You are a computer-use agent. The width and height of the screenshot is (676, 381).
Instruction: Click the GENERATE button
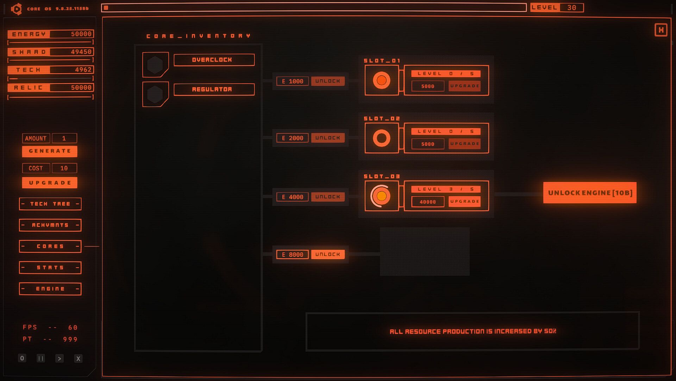point(50,151)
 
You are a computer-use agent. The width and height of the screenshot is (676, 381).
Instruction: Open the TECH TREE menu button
point(50,204)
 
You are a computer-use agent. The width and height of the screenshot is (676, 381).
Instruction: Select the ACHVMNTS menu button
point(50,225)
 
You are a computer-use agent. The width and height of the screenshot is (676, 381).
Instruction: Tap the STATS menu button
point(50,268)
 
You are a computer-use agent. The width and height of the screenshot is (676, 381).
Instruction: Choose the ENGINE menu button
point(50,289)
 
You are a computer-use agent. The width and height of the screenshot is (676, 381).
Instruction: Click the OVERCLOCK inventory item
point(214,60)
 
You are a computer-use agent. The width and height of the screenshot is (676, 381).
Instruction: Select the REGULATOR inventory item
point(214,90)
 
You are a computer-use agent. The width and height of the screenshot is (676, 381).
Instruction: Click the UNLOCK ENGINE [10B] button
point(590,193)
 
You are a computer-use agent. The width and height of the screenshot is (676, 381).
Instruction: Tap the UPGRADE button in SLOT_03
point(464,201)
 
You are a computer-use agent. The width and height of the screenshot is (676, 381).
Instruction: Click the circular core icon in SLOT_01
point(382,80)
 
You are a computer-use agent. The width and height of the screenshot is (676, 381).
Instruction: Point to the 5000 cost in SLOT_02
point(428,144)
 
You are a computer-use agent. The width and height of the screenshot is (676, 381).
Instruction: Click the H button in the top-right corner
point(661,30)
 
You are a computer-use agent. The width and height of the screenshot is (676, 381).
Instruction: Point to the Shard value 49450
point(81,52)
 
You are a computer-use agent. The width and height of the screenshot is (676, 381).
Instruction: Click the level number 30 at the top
point(571,8)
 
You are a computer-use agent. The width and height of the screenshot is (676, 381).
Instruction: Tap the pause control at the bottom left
point(41,358)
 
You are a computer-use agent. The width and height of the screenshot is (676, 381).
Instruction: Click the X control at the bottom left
point(78,358)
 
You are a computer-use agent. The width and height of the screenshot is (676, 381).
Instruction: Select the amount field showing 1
point(64,138)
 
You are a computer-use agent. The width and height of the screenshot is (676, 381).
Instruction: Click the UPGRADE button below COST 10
point(50,183)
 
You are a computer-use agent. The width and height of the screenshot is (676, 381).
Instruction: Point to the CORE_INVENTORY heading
point(198,36)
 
